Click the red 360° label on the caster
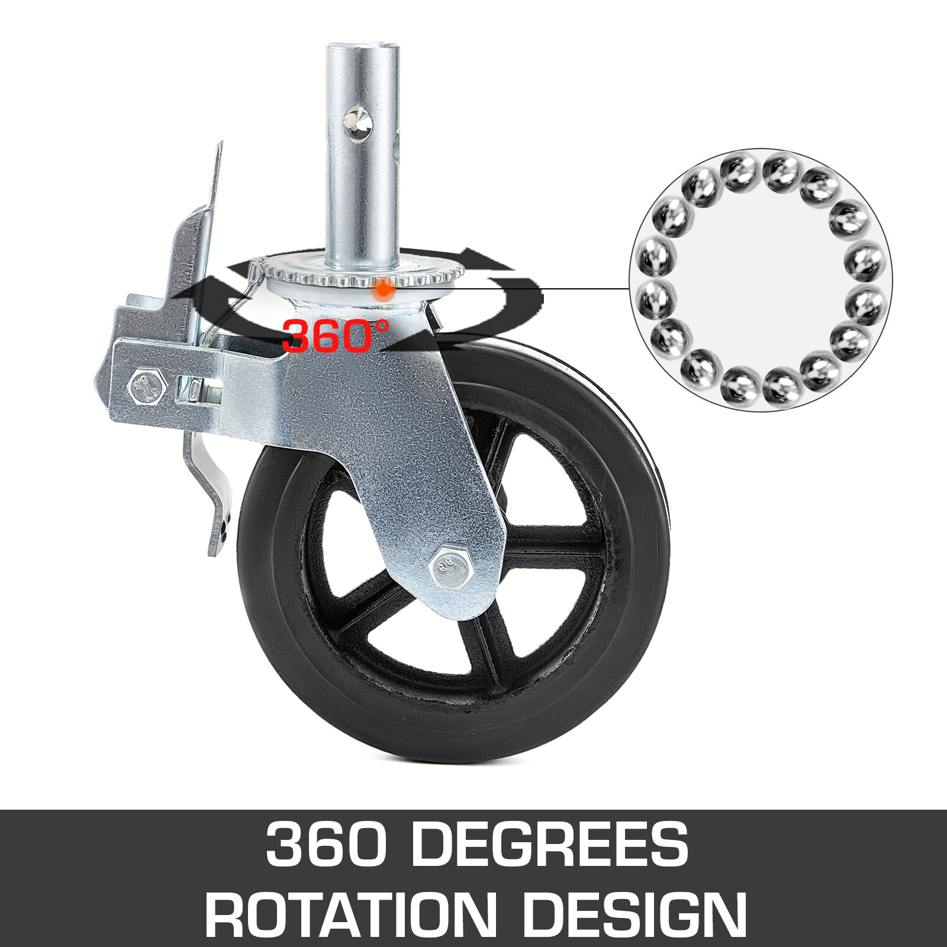point(335,336)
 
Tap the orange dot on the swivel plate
point(385,289)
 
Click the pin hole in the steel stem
point(360,124)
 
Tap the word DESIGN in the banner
point(633,914)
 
